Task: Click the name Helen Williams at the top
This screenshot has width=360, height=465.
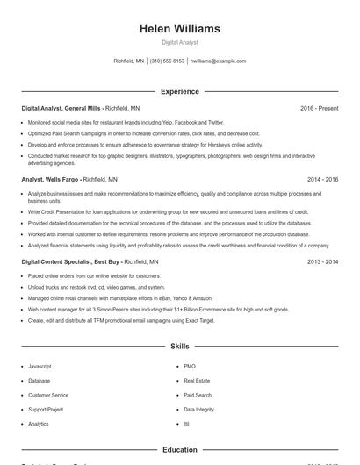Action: tap(180, 29)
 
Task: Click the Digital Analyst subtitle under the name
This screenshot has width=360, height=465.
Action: tap(180, 42)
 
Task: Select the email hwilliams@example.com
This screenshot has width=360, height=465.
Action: tap(218, 61)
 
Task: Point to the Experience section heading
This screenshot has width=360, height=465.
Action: tap(180, 91)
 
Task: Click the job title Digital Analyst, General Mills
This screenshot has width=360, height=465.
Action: tap(61, 108)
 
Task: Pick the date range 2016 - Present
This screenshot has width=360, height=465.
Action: tap(319, 108)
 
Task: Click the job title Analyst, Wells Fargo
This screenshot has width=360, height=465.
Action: tap(51, 179)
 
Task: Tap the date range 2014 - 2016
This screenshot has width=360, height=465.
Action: tap(322, 179)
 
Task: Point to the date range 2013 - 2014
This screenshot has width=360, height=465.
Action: tap(322, 261)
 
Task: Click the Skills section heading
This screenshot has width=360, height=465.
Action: tap(180, 347)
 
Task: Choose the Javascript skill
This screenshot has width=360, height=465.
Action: tap(40, 365)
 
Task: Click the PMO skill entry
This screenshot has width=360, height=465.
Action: tap(190, 365)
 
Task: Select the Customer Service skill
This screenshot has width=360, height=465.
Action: tap(47, 395)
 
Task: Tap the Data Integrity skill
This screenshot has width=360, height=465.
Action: tap(198, 410)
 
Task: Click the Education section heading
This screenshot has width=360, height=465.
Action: tap(180, 450)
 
